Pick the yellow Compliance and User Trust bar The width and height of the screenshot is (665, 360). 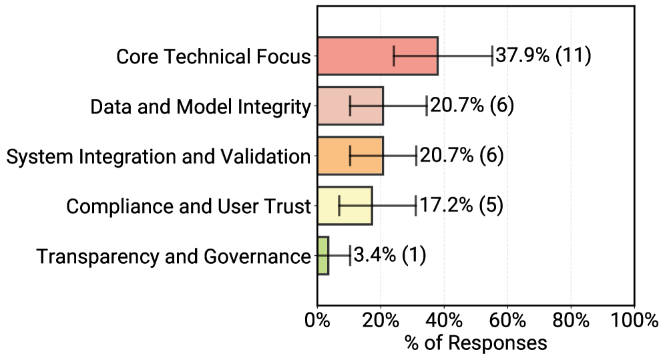[x=345, y=206]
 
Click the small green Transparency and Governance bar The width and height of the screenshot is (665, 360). [x=323, y=255]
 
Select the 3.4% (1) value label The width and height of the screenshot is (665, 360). [x=389, y=255]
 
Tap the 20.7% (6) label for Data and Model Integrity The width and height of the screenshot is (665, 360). [x=471, y=106]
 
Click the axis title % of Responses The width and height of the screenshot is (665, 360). [x=475, y=343]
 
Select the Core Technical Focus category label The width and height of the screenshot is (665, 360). [x=214, y=57]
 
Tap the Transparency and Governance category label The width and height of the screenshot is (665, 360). [x=174, y=256]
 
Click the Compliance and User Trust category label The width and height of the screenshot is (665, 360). [x=189, y=206]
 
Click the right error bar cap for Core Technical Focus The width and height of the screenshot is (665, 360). [x=492, y=56]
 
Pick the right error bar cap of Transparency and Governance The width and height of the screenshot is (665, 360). [x=350, y=255]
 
